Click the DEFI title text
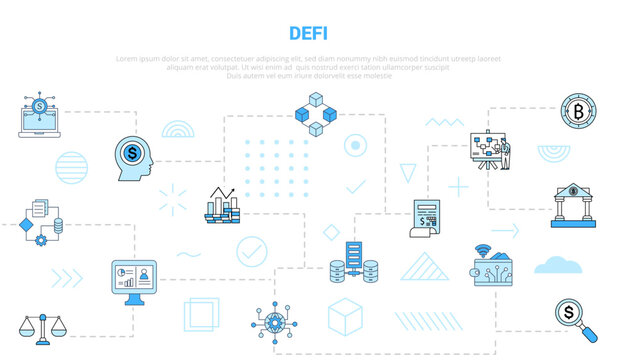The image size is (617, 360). pyautogui.click(x=307, y=32)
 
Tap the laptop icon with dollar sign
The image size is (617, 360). pyautogui.click(x=37, y=115)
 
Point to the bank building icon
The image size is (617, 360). pyautogui.click(x=573, y=204)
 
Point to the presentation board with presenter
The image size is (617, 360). pyautogui.click(x=490, y=152)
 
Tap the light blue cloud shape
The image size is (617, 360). pyautogui.click(x=558, y=264)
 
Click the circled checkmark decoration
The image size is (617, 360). pyautogui.click(x=251, y=250)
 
